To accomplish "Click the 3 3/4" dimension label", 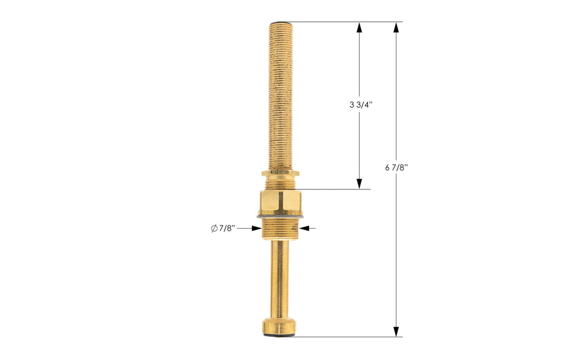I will [x=360, y=105].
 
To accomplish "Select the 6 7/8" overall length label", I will [x=396, y=167].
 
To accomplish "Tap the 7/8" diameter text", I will [x=226, y=229].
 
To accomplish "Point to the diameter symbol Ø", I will [x=214, y=229].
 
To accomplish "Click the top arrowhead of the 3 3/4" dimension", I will [x=360, y=27].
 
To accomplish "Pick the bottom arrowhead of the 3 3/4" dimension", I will [x=360, y=184].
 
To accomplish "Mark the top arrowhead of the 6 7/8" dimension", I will [x=396, y=27].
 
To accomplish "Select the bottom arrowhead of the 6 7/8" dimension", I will [x=396, y=331].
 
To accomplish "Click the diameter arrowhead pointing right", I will [x=256, y=228].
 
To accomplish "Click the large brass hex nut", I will [x=280, y=202].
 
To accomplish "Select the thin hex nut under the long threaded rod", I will [x=280, y=173].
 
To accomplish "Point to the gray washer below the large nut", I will [x=280, y=216].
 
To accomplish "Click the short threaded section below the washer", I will [x=280, y=229].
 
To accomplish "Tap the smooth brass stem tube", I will [x=280, y=277].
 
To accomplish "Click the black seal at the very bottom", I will [x=280, y=336].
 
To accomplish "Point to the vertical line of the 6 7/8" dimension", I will [x=396, y=249].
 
